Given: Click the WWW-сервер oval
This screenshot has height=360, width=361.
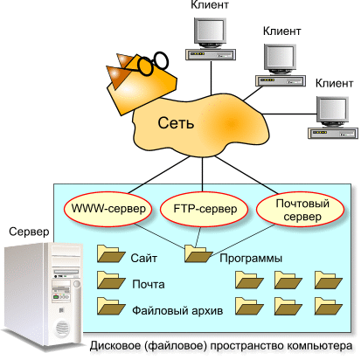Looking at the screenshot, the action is pyautogui.click(x=108, y=209).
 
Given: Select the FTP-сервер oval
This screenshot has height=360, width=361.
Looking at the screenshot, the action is pyautogui.click(x=204, y=209).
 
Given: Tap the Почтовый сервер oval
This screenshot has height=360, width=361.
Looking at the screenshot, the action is pyautogui.click(x=301, y=209).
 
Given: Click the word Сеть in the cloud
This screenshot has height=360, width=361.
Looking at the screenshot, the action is pyautogui.click(x=176, y=123).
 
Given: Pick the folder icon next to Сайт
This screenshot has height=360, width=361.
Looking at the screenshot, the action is pyautogui.click(x=110, y=253).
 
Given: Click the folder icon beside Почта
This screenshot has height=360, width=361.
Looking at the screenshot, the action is pyautogui.click(x=110, y=280).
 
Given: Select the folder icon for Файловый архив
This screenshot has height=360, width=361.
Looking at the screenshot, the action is pyautogui.click(x=110, y=306).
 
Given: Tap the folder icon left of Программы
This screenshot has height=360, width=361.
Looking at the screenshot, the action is pyautogui.click(x=198, y=253).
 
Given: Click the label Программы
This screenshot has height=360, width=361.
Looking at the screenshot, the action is pyautogui.click(x=251, y=259).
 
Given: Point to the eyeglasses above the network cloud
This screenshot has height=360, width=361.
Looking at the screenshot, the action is pyautogui.click(x=153, y=63).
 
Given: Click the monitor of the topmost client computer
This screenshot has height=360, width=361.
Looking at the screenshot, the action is pyautogui.click(x=210, y=32).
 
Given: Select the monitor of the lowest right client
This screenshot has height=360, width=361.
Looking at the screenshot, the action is pyautogui.click(x=332, y=112).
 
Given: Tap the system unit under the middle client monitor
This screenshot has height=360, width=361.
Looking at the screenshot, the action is pyautogui.click(x=281, y=80).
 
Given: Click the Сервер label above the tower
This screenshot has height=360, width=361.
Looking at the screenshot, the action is pyautogui.click(x=29, y=232).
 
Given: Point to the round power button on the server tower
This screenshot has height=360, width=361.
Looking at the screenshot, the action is pyautogui.click(x=77, y=284).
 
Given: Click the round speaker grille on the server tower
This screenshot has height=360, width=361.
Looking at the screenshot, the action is pyautogui.click(x=62, y=329).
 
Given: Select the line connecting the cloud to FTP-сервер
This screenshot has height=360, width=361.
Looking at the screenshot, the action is pyautogui.click(x=203, y=174).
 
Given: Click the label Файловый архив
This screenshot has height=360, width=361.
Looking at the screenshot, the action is pyautogui.click(x=177, y=310).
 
